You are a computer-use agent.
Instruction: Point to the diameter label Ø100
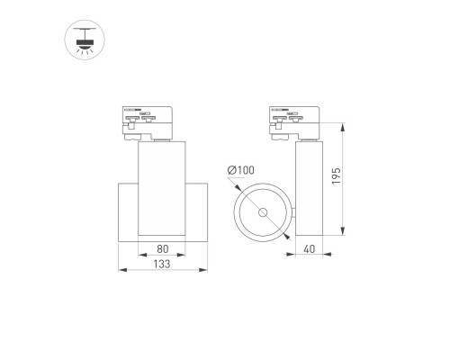(x=242, y=170)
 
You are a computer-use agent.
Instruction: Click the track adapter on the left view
(x=150, y=122)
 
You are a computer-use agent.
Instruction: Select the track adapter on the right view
(x=301, y=122)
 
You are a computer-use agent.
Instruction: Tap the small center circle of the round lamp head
(x=264, y=213)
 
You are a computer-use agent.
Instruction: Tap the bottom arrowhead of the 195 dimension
(x=347, y=236)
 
